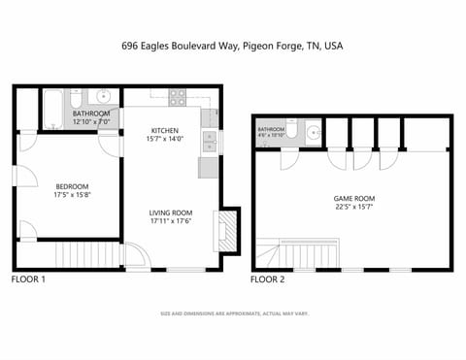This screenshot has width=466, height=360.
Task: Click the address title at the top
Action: [x=232, y=45]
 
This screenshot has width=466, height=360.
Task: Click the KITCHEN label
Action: [x=164, y=130]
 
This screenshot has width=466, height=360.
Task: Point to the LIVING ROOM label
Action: [x=170, y=213]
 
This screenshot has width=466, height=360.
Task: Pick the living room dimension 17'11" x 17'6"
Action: [x=170, y=222]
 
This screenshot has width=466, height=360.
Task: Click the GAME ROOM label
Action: [x=353, y=199]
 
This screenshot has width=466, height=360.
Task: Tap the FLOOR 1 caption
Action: [x=27, y=279]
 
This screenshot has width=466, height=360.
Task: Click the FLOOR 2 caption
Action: [x=268, y=279]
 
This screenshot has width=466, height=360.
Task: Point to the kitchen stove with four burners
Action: [x=178, y=97]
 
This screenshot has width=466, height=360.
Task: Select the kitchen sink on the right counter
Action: [x=209, y=143]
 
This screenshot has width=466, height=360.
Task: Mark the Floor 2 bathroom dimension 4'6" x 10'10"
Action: [x=271, y=136]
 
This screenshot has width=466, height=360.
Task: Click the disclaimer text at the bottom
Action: [x=232, y=314]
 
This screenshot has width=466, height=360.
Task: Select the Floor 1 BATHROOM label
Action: [x=91, y=114]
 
